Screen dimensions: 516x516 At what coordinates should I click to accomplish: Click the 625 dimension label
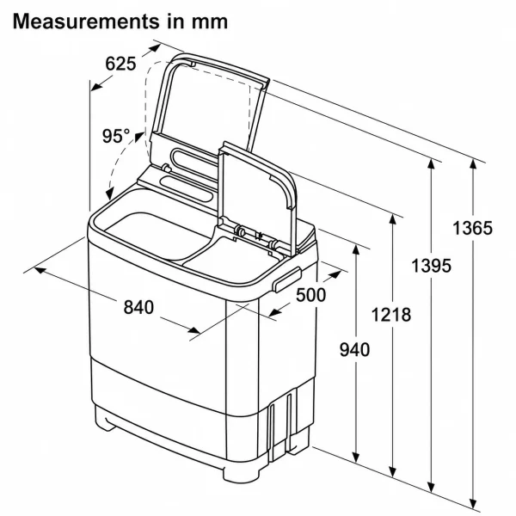(x=120, y=63)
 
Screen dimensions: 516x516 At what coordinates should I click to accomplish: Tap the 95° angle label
(x=116, y=136)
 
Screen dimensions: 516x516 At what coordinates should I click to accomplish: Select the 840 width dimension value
(x=138, y=307)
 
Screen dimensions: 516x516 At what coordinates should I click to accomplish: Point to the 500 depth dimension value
(x=311, y=295)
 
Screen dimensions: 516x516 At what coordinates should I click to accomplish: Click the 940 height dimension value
(x=354, y=349)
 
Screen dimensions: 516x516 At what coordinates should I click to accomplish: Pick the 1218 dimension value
(x=391, y=315)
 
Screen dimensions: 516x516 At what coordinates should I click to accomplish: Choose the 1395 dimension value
(x=432, y=265)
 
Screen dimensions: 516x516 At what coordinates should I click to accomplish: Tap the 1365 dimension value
(x=473, y=228)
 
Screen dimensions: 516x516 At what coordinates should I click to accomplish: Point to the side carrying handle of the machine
(x=287, y=279)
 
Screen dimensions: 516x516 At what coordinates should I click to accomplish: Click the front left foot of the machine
(x=105, y=418)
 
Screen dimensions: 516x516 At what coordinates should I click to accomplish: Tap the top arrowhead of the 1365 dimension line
(x=473, y=164)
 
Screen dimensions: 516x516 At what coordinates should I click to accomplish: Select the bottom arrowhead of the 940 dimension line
(x=356, y=458)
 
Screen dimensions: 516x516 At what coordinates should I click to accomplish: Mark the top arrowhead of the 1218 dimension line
(x=392, y=218)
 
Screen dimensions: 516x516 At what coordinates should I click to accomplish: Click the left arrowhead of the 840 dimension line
(x=40, y=270)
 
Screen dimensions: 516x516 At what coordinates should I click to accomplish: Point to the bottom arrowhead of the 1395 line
(x=432, y=487)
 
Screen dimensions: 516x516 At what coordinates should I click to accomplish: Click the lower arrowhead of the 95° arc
(x=110, y=193)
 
